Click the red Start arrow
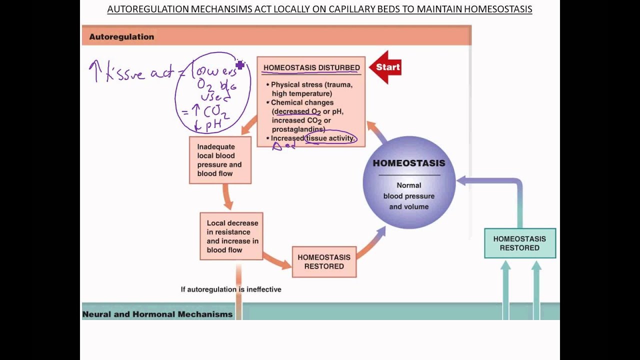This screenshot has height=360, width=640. point(386,67)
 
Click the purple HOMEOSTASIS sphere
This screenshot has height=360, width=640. point(409,182)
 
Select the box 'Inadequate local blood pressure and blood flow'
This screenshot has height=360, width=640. point(220,160)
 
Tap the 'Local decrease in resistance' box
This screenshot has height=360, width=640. point(231,236)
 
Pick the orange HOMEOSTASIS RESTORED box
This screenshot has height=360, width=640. point(324,261)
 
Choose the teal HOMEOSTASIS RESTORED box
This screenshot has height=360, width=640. point(519,243)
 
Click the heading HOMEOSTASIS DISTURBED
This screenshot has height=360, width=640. point(311,68)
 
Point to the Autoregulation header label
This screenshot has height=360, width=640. point(121,37)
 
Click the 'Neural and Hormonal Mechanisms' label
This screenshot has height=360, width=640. point(157,314)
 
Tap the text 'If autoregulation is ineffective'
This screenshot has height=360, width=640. point(231,289)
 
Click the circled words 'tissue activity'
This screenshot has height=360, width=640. point(330,138)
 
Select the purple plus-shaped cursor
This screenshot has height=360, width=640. point(240,65)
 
